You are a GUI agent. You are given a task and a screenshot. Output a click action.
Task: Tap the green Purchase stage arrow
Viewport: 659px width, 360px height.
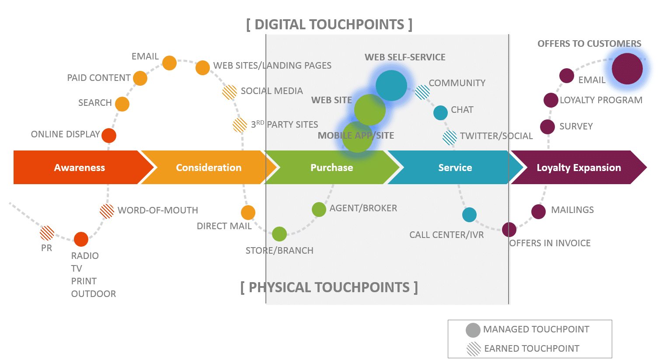coord(331,168)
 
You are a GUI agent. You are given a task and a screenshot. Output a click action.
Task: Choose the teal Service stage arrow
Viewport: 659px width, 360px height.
coord(455,168)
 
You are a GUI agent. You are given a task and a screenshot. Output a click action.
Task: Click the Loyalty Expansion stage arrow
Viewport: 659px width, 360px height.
coord(578,168)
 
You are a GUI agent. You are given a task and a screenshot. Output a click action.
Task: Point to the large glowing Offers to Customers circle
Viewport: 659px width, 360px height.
coord(627,69)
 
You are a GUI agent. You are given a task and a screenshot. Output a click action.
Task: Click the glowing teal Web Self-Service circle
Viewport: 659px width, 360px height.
coord(391,86)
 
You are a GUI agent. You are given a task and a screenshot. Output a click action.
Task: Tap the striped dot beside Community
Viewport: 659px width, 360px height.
coord(422,92)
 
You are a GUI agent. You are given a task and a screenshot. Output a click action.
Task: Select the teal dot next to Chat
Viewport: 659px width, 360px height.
coord(440,113)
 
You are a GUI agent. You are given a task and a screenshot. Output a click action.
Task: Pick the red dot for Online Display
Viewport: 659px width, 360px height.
coord(109,136)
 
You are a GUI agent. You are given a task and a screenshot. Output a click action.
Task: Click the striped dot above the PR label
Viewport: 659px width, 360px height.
coord(47,233)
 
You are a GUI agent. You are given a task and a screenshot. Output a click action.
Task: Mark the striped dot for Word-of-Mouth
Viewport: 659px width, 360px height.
coord(107,211)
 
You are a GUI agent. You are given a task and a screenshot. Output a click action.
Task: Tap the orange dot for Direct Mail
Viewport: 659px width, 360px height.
coord(248,213)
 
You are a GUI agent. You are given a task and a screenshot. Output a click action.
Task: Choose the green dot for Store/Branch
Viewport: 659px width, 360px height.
coord(279,234)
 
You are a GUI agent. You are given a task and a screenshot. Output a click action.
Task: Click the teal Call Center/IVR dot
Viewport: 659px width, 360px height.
coord(469,215)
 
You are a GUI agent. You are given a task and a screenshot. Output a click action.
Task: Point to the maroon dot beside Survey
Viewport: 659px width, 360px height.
coord(547,127)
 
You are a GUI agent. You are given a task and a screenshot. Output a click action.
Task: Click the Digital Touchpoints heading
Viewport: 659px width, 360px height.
coord(329,24)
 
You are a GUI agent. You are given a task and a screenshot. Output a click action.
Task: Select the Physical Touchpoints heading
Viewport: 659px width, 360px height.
coord(329,287)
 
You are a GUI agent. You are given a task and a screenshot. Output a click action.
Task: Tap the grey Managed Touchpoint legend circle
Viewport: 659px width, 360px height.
coord(473,330)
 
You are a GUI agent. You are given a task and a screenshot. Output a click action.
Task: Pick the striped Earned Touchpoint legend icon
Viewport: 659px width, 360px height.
coord(474,349)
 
